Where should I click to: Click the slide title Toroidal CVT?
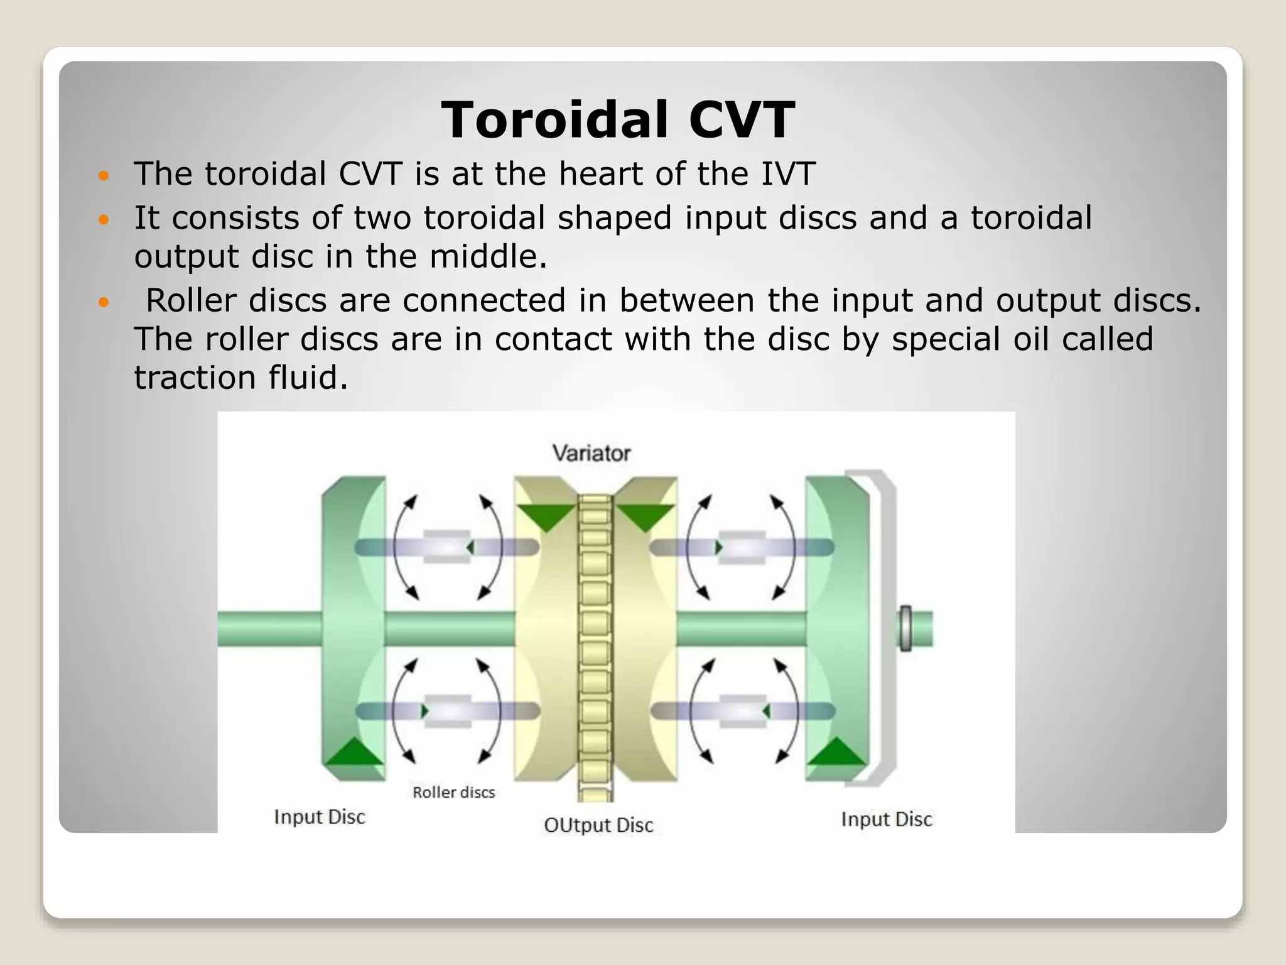[618, 120]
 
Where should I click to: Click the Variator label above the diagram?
[591, 453]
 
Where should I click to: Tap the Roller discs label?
[453, 792]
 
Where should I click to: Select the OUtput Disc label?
[598, 825]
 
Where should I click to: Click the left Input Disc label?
[319, 817]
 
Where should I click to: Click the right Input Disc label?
[886, 819]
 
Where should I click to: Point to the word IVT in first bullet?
[788, 174]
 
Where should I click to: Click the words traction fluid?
[240, 378]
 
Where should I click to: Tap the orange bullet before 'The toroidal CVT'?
[104, 175]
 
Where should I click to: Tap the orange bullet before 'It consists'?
[104, 220]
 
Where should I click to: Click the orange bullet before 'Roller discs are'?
[104, 302]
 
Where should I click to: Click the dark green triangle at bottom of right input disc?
[835, 752]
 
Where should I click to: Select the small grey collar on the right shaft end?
[905, 628]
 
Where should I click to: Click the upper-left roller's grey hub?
[446, 547]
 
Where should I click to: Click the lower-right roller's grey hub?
[742, 711]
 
